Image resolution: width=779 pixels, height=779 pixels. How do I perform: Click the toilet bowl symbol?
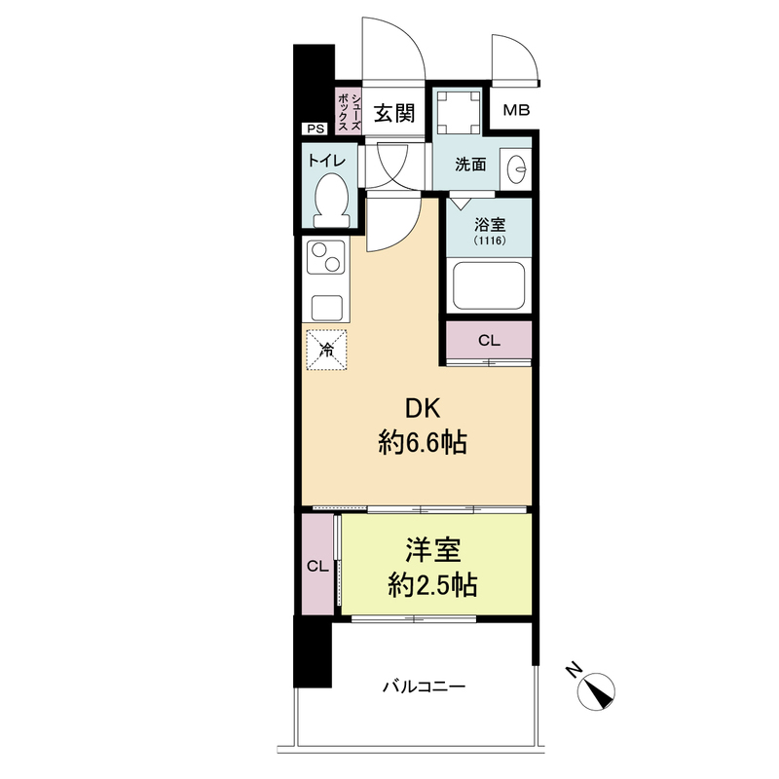pyautogui.click(x=331, y=200)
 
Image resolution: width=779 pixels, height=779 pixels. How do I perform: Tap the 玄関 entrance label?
pyautogui.click(x=394, y=113)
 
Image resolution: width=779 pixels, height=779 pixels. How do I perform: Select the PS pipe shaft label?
pyautogui.click(x=315, y=129)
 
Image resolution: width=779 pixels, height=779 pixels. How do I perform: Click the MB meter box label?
pyautogui.click(x=516, y=110)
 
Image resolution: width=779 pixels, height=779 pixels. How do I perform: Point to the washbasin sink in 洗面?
pyautogui.click(x=516, y=168)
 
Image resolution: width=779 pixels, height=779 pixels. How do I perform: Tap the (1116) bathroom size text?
pyautogui.click(x=490, y=241)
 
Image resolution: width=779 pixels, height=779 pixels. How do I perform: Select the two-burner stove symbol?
pyautogui.click(x=326, y=257)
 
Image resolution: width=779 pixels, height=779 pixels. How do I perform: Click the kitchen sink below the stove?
pyautogui.click(x=326, y=308)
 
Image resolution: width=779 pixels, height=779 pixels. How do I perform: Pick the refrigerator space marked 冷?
pyautogui.click(x=326, y=350)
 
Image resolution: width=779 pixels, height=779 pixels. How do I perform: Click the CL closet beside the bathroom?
pyautogui.click(x=489, y=340)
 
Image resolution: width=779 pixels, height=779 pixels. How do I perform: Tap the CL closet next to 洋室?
pyautogui.click(x=318, y=565)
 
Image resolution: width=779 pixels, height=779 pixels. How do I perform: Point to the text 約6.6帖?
pyautogui.click(x=423, y=443)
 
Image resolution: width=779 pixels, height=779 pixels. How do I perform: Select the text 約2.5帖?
pyautogui.click(x=432, y=585)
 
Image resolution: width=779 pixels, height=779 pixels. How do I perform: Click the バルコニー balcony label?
pyautogui.click(x=424, y=686)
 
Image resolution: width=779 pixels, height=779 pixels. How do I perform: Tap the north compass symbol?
pyautogui.click(x=596, y=691)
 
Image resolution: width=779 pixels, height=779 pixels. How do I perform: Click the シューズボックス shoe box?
pyautogui.click(x=349, y=111)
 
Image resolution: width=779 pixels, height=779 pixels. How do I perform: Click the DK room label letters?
pyautogui.click(x=424, y=408)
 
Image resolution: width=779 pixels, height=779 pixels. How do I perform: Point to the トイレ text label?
pyautogui.click(x=326, y=160)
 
